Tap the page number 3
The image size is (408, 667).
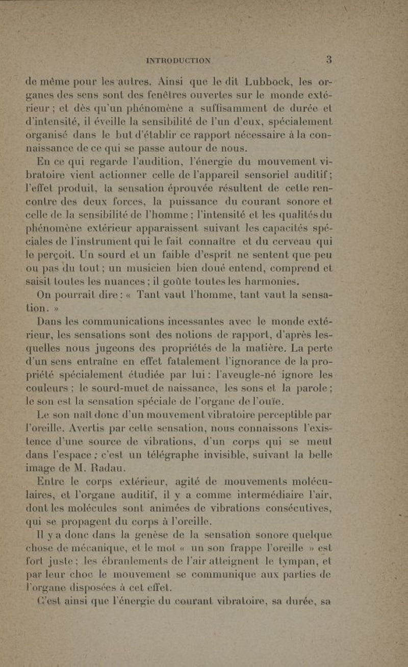330,59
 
